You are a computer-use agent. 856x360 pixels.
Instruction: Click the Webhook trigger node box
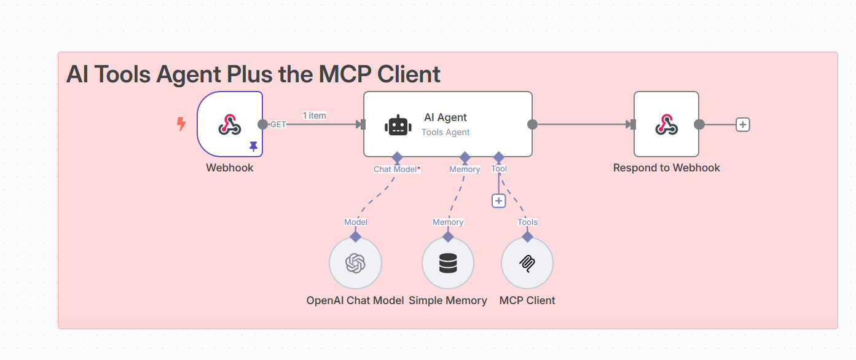click(230, 124)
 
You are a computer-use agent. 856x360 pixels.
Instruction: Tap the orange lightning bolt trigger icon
click(181, 124)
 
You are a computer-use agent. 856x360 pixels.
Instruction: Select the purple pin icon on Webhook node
click(253, 147)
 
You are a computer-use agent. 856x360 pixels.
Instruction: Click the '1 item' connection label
click(314, 115)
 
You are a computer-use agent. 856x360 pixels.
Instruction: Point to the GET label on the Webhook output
click(278, 125)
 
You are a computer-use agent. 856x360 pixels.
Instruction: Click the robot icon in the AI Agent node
click(398, 125)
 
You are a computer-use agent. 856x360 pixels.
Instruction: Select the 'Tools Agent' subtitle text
click(446, 132)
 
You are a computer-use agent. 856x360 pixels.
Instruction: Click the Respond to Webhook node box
click(666, 124)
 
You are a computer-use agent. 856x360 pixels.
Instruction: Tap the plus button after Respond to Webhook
click(743, 125)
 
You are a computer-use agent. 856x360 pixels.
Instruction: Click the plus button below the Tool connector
click(498, 200)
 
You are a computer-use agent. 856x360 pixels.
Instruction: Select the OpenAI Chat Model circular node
click(355, 263)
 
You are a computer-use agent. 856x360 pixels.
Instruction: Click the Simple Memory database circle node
click(448, 263)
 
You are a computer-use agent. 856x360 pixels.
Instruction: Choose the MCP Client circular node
click(527, 263)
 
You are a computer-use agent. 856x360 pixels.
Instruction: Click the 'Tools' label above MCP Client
click(527, 222)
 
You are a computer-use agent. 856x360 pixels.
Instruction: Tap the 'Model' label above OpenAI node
click(356, 222)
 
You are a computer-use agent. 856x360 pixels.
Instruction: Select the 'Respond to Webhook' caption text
click(667, 168)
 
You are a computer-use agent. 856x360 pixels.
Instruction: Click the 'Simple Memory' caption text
click(448, 300)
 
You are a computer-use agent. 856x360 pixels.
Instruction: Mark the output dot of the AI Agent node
click(533, 125)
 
